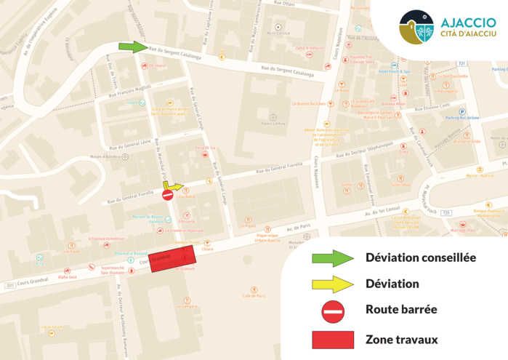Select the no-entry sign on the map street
(x=168, y=195)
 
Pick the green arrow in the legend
(x=333, y=257)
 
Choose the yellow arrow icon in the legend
(x=333, y=284)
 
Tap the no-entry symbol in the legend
(x=333, y=311)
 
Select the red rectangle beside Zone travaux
(x=333, y=339)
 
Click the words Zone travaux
(x=401, y=339)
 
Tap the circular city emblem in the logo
(x=416, y=28)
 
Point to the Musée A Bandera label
(x=105, y=156)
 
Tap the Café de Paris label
(x=254, y=295)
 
